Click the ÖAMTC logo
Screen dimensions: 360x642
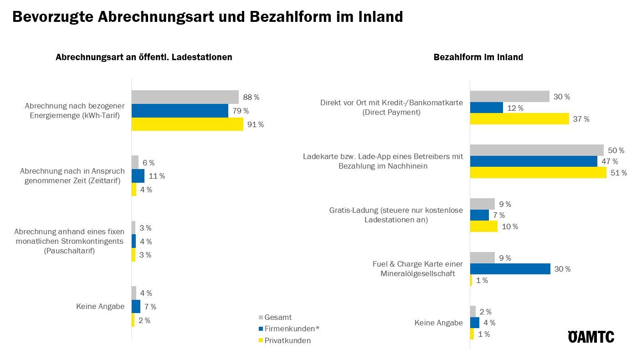click(591, 336)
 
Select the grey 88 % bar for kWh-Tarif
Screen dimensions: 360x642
click(185, 97)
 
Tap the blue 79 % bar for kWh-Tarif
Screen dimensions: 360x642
click(180, 111)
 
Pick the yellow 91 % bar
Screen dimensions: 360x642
click(187, 124)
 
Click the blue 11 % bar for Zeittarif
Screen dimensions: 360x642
click(138, 176)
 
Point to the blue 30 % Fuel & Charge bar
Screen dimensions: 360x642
click(510, 269)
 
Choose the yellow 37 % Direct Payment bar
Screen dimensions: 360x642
click(519, 119)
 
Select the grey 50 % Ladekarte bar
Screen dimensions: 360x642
click(537, 150)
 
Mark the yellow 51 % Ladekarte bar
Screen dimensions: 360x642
click(538, 173)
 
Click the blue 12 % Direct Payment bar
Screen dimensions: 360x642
click(487, 108)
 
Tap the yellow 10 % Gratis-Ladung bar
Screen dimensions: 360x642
click(483, 226)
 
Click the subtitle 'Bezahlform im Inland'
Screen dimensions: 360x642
click(478, 57)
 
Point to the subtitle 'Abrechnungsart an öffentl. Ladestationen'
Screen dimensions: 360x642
click(144, 57)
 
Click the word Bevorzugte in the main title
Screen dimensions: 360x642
click(54, 17)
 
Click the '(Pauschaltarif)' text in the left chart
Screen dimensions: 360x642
click(69, 251)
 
